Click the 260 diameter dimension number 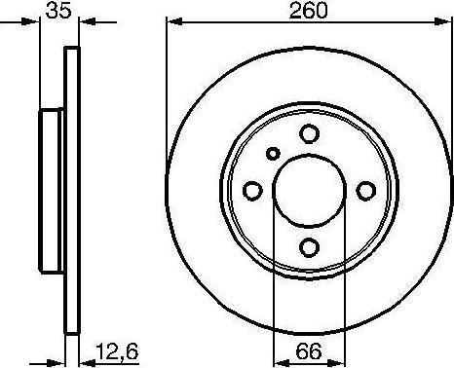309,11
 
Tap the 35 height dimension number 58,11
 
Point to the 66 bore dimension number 309,350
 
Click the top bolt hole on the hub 309,134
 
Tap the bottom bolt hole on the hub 309,247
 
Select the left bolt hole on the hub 252,191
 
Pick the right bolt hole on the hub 366,191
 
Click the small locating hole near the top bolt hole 273,154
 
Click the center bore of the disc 310,191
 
